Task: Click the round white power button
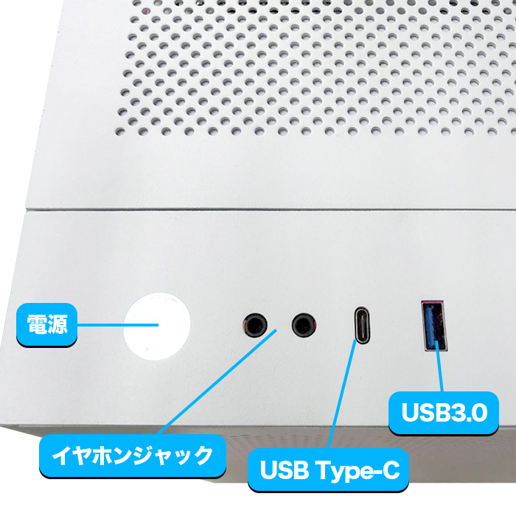pyautogui.click(x=156, y=326)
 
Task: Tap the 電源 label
pyautogui.click(x=46, y=324)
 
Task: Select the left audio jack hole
pyautogui.click(x=255, y=325)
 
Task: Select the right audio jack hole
pyautogui.click(x=304, y=325)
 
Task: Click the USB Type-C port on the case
pyautogui.click(x=362, y=326)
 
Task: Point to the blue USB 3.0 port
pyautogui.click(x=433, y=326)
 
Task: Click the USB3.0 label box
pyautogui.click(x=444, y=413)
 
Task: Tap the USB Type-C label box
pyautogui.click(x=329, y=470)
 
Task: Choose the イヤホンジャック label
pyautogui.click(x=133, y=456)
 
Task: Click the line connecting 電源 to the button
pyautogui.click(x=118, y=325)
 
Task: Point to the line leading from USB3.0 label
pyautogui.click(x=439, y=366)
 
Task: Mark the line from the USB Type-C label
pyautogui.click(x=341, y=394)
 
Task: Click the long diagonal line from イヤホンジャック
pyautogui.click(x=217, y=382)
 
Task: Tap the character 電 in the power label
pyautogui.click(x=37, y=324)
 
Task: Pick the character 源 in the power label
pyautogui.click(x=57, y=324)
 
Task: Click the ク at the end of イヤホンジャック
pyautogui.click(x=203, y=456)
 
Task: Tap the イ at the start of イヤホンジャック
pyautogui.click(x=62, y=456)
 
